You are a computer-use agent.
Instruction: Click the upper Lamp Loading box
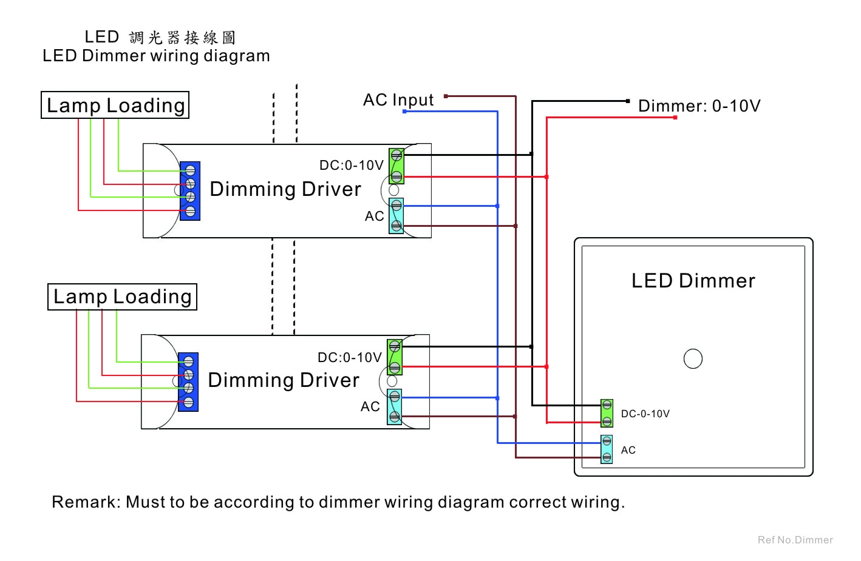(115, 105)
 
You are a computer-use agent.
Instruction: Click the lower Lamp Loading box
(122, 297)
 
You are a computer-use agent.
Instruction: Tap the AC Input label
(398, 100)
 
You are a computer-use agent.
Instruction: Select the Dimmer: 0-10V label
(699, 106)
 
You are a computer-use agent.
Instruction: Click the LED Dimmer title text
(693, 281)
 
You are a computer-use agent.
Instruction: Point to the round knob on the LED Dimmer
(693, 359)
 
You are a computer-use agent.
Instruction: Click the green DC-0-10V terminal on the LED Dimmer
(607, 413)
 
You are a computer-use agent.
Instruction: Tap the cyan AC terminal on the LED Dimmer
(607, 449)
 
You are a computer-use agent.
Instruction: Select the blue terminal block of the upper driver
(190, 191)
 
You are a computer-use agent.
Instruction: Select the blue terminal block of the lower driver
(188, 382)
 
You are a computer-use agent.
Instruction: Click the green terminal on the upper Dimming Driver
(396, 166)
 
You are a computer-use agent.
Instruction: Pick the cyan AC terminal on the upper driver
(396, 216)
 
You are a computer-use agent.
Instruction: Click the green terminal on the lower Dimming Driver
(395, 357)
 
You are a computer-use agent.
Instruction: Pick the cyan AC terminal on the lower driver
(395, 407)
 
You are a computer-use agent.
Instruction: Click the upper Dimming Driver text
(285, 189)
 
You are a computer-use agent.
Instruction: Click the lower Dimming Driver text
(284, 380)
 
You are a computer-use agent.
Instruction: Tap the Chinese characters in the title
(182, 38)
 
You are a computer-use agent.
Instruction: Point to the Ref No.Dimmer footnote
(795, 540)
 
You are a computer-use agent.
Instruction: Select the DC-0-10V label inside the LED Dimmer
(645, 414)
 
